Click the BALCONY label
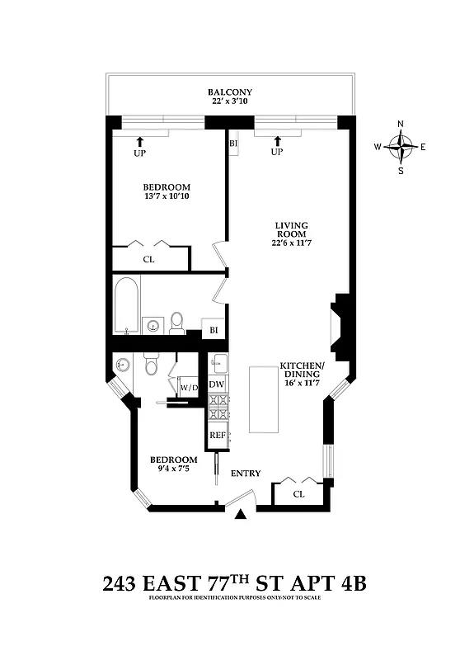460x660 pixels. pos(230,92)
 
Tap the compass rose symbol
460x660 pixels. pos(401,148)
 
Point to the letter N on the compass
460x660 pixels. pos(401,125)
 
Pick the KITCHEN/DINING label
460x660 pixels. pos(302,370)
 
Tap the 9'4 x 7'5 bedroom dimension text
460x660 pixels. pos(173,470)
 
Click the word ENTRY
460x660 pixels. pos(246,474)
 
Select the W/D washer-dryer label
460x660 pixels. pos(189,387)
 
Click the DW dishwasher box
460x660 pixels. pos(217,384)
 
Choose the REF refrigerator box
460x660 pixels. pos(217,435)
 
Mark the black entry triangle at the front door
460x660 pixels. pos(241,515)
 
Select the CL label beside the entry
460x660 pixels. pos(298,495)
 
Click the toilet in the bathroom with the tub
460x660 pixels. pos(177,323)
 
